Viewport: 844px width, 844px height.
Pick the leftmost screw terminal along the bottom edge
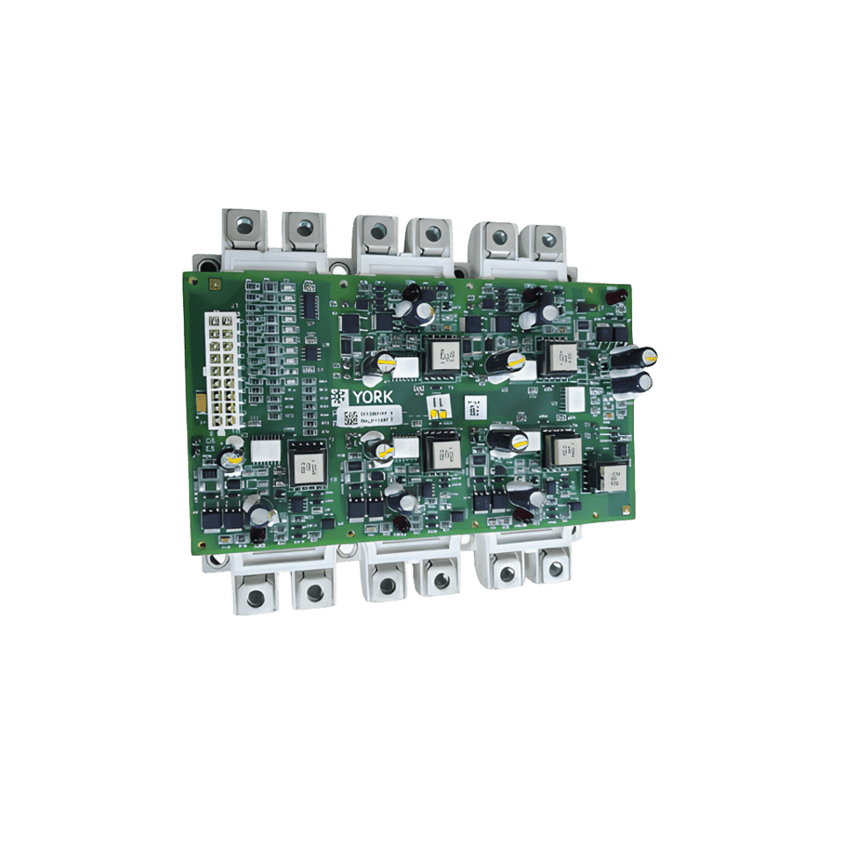click(x=254, y=598)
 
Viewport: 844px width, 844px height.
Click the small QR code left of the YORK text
click(x=345, y=396)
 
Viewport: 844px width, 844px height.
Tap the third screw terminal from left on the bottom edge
click(x=383, y=583)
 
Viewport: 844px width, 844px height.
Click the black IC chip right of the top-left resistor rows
click(x=310, y=302)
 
